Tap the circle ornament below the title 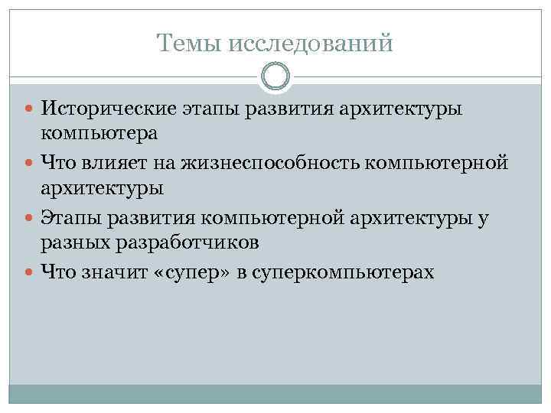275,77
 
